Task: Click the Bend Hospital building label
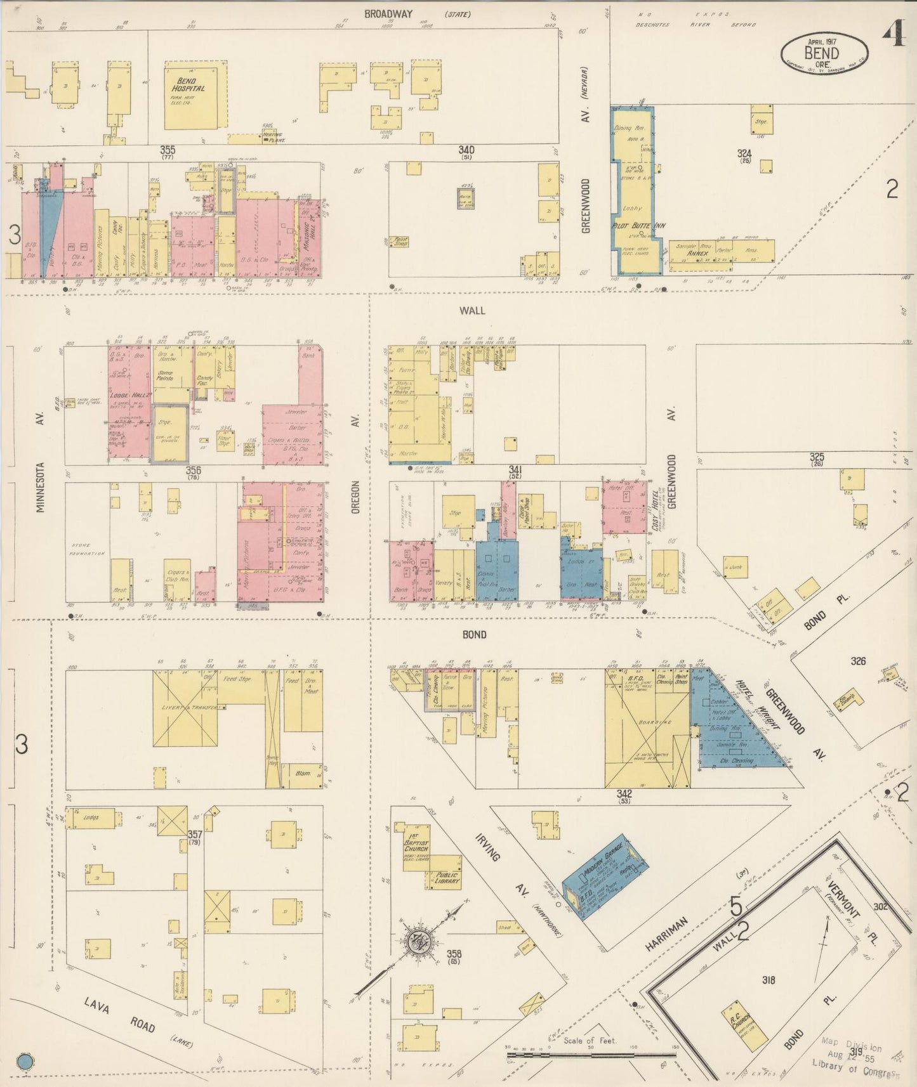pyautogui.click(x=188, y=85)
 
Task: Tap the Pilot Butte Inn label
pyautogui.click(x=630, y=226)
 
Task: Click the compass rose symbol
pyautogui.click(x=420, y=939)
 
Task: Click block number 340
pyautogui.click(x=466, y=150)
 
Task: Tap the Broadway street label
pyautogui.click(x=388, y=14)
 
